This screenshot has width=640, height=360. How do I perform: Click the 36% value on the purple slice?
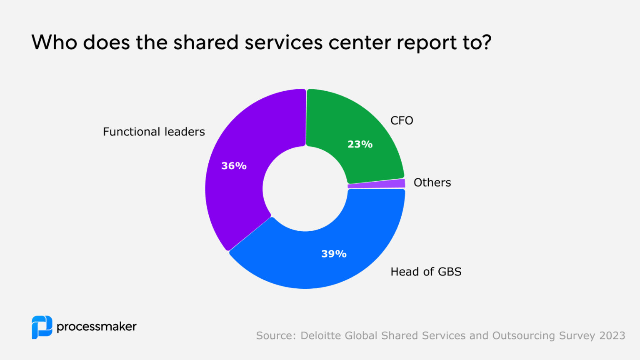pos(234,166)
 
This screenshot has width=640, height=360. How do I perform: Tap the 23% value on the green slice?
pos(360,144)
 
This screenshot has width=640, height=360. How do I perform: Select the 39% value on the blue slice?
pos(334,254)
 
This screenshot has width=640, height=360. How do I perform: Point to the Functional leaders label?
pos(154,132)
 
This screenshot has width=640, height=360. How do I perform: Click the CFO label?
pos(402,120)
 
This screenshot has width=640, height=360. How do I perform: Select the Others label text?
pos(432,182)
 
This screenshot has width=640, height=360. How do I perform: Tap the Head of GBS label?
pos(426,272)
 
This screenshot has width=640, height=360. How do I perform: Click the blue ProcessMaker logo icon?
pos(42,327)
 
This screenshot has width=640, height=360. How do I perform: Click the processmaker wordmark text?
pos(96,327)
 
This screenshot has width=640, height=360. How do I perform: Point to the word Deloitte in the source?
pos(321,335)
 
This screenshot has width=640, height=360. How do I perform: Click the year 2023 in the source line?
pos(612,335)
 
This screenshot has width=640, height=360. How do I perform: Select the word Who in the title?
pos(54,42)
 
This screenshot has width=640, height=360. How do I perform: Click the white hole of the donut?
pos(305,188)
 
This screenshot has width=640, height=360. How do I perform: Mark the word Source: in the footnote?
pos(276,335)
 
